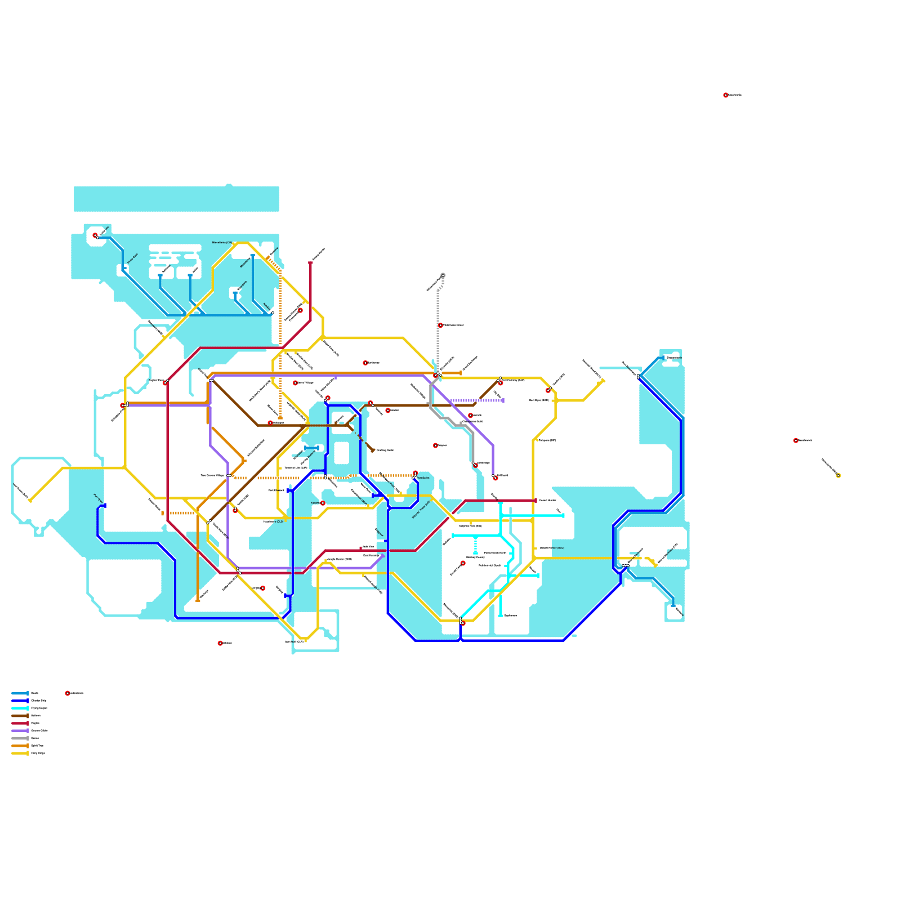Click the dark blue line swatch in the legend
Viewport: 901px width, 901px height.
20,701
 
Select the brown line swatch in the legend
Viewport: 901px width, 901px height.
20,716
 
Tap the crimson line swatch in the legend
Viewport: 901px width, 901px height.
20,723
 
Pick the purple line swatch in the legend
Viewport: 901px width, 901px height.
20,730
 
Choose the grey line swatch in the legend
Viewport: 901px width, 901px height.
20,738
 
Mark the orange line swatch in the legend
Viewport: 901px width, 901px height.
20,746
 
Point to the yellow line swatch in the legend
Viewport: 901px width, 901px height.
20,753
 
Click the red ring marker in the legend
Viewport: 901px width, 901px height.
68,693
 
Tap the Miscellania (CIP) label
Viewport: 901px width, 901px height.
222,243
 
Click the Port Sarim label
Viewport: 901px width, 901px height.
423,478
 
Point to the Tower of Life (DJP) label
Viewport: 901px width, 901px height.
296,468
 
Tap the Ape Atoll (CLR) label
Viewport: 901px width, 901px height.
294,641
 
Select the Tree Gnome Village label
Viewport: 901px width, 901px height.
212,475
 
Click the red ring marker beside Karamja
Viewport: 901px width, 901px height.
323,503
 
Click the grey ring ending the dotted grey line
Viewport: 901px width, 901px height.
443,275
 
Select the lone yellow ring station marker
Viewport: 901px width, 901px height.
838,476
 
